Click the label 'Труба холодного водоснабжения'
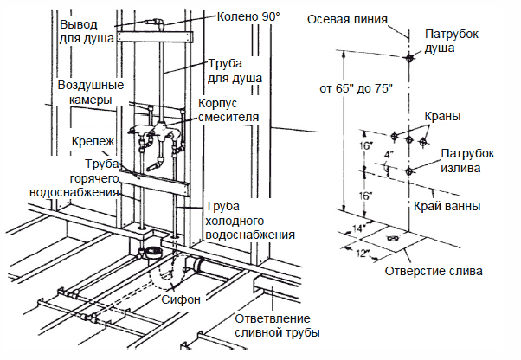[251, 221]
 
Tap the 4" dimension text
[390, 155]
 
